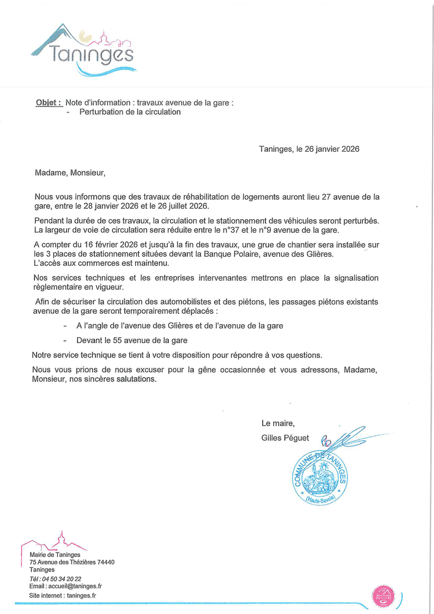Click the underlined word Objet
[48, 103]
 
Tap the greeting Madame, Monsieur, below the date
[70, 173]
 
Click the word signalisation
[349, 278]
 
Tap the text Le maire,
[278, 423]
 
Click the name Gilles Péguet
[285, 438]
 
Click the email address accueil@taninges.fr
[74, 586]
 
